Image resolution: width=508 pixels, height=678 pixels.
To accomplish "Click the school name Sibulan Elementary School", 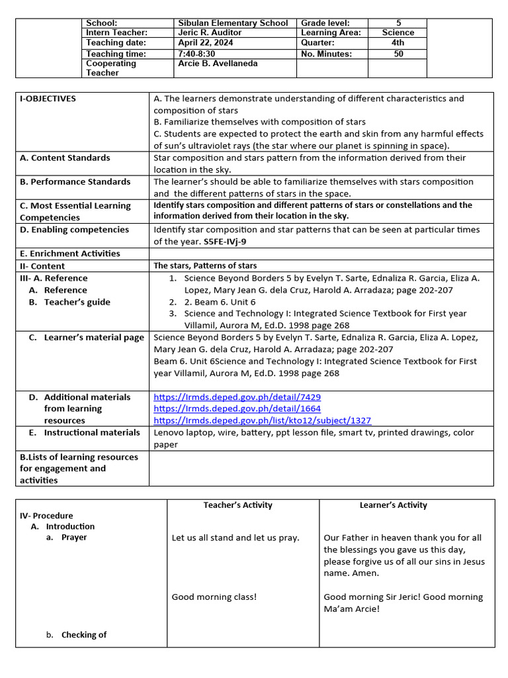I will (233, 23).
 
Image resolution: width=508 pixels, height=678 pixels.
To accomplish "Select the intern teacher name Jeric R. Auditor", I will (210, 32).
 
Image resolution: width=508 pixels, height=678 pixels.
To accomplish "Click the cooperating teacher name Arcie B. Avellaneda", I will (218, 64).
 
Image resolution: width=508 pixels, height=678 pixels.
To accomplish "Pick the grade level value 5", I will (398, 23).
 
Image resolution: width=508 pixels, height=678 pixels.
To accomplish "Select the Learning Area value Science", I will (398, 32).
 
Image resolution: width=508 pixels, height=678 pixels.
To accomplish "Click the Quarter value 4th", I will (398, 43).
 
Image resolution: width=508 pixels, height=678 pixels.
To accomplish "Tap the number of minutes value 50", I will (398, 54).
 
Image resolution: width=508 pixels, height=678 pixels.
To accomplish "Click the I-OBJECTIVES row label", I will (48, 99).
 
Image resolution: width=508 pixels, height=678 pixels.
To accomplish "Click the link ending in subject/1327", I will (262, 420).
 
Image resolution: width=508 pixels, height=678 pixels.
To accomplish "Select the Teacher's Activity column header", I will (237, 505).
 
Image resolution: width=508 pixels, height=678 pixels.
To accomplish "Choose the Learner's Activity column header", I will (393, 505).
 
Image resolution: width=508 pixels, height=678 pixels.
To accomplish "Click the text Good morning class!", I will (214, 597).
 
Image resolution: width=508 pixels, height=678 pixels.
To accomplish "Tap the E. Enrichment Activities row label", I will (70, 254).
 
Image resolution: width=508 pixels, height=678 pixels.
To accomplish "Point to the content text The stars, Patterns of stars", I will (205, 266).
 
